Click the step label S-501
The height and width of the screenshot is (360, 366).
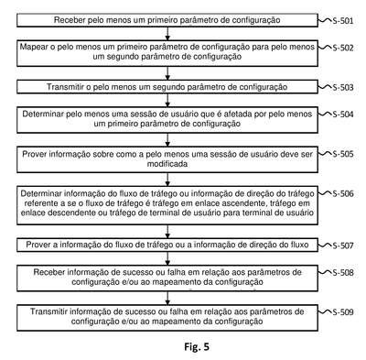coord(343,21)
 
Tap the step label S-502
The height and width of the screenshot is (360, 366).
coord(343,48)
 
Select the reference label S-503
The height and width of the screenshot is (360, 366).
coord(343,88)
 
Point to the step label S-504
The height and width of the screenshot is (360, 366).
coord(343,115)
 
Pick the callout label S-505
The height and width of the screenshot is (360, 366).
coord(343,154)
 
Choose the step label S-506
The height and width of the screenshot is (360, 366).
coord(343,194)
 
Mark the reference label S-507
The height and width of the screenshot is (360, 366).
coord(343,245)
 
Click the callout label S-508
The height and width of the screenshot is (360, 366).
coord(343,272)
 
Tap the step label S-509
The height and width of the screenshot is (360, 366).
coord(343,312)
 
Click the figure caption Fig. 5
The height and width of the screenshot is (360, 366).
coord(197,347)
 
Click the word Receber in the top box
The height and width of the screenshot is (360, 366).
coord(70,20)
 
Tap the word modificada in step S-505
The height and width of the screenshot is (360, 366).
coord(167,164)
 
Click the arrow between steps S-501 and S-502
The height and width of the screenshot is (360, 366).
coord(167,34)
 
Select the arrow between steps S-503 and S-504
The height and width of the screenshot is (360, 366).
coord(167,100)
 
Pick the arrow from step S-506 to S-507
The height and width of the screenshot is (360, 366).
coord(167,232)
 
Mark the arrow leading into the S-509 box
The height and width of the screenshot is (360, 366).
coord(167,298)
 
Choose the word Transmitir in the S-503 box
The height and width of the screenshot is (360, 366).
coord(65,87)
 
